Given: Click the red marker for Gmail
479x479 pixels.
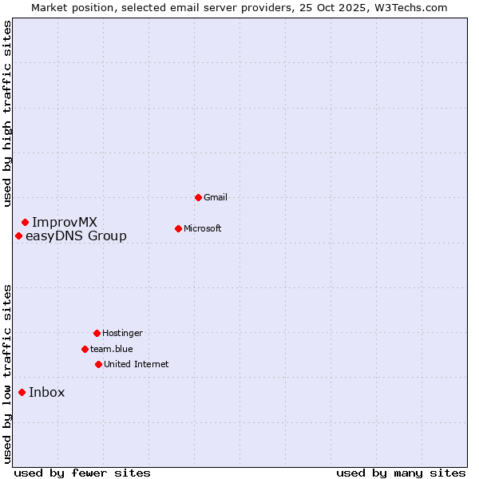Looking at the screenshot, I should [198, 197].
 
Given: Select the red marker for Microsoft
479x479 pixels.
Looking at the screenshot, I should [178, 228].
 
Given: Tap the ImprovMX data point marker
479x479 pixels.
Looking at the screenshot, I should [25, 222].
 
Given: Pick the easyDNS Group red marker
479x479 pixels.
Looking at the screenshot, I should [18, 236].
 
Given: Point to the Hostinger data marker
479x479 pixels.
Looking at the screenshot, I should [97, 333].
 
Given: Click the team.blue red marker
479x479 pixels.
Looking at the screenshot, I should [85, 349].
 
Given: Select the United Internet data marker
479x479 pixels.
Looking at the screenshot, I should [98, 364].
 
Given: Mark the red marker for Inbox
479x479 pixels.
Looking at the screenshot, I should [22, 392].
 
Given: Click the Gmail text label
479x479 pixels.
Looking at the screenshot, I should [216, 197].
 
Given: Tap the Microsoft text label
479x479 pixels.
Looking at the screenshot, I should [203, 228].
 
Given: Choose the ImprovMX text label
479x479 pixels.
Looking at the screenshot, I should [65, 222].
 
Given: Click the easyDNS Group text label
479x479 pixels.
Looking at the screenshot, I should [76, 236].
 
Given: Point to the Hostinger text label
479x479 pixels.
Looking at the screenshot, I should [122, 333].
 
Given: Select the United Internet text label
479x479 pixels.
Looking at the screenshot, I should [137, 364].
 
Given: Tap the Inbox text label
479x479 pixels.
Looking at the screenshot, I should [47, 392].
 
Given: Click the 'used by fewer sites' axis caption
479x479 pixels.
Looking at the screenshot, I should [82, 473].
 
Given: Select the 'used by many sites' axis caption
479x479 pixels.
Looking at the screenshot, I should [401, 473].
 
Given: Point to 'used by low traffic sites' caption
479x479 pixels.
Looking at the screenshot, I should [7, 374].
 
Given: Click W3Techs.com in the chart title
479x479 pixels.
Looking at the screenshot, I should [409, 7].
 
